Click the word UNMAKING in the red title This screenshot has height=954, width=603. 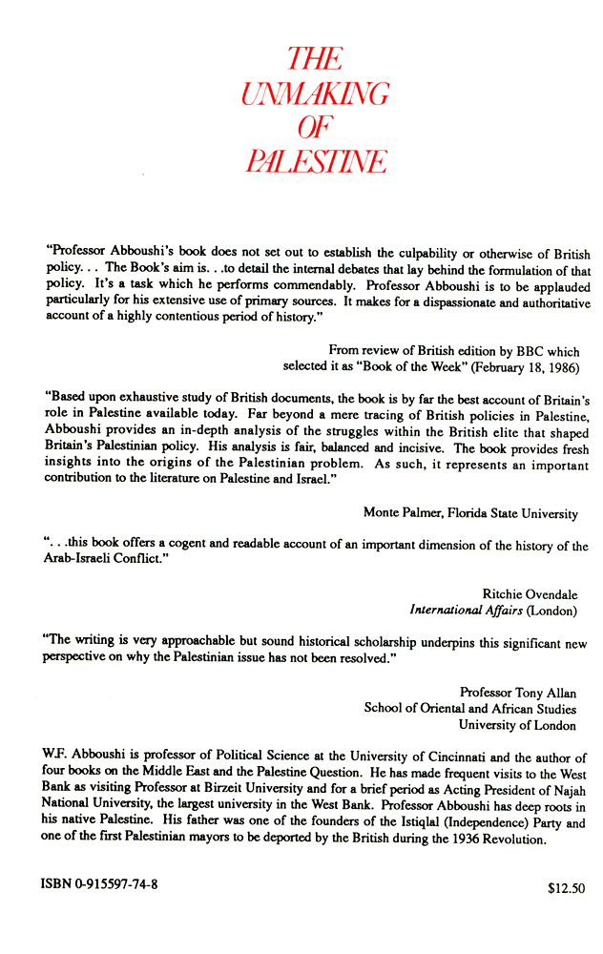314,93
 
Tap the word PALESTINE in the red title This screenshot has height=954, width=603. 314,160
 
